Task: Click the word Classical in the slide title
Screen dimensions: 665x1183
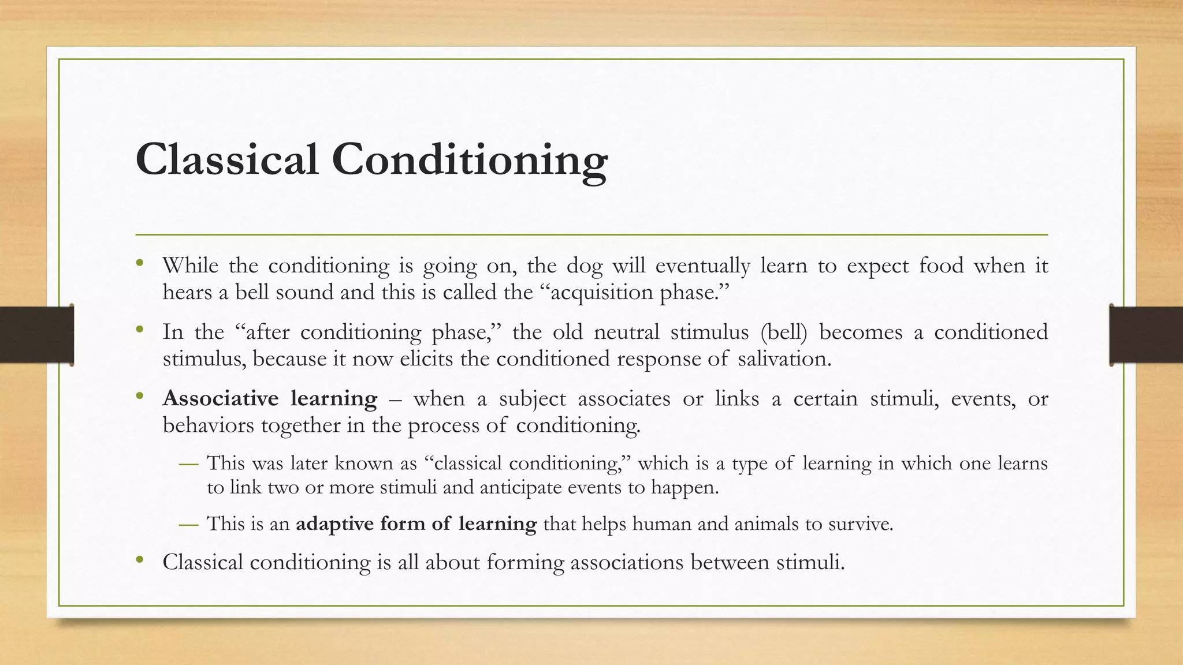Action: [226, 159]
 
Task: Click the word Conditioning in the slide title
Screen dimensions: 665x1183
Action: [469, 159]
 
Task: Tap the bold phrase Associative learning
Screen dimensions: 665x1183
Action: [270, 398]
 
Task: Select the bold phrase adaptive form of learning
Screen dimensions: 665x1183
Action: [416, 524]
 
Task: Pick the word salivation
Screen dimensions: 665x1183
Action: [784, 358]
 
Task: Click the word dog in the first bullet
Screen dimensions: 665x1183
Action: [584, 266]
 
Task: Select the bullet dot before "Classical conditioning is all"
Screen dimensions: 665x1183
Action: [139, 561]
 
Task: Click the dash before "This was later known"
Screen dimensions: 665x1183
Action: [188, 464]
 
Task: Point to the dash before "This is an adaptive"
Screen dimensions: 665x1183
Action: [188, 524]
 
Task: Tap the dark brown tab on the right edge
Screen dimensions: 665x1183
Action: [1146, 335]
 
